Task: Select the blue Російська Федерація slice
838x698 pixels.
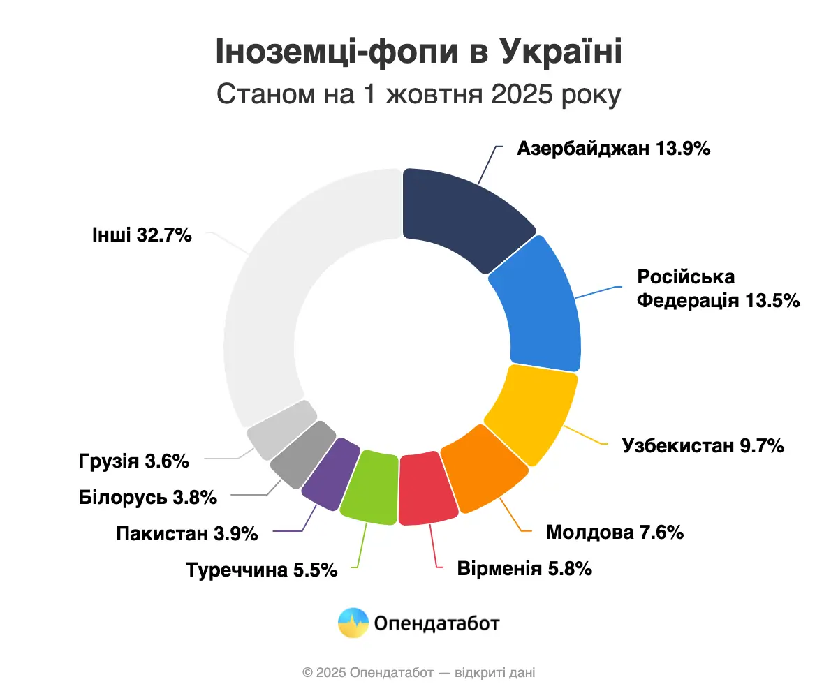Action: pos(541,304)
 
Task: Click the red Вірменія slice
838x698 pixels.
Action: pos(427,489)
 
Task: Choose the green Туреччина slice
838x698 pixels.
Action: pos(370,487)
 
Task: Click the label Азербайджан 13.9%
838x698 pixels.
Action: pos(614,149)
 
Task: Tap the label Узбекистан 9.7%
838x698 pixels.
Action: pos(703,445)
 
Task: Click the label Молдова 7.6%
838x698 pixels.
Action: pos(615,533)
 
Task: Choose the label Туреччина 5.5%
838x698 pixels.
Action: pos(262,570)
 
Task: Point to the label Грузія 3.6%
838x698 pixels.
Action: pos(133,461)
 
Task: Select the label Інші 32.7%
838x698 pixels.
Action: pos(141,235)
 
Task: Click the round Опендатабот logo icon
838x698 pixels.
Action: pos(353,623)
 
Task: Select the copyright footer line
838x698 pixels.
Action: pos(419,673)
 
